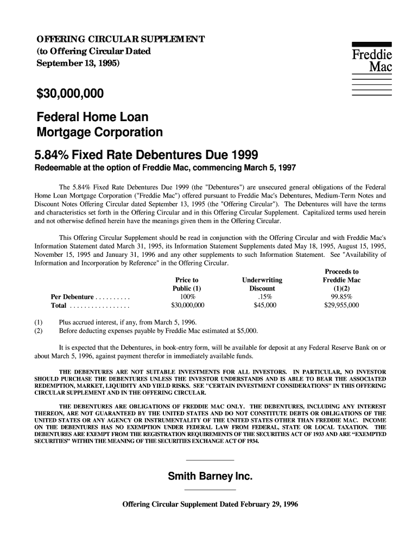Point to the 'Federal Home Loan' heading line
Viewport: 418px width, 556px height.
92,117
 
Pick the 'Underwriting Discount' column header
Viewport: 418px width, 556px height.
262,284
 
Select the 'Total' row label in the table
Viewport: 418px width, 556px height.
59,306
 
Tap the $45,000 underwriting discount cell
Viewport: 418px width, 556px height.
265,306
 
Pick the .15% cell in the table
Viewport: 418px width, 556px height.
265,297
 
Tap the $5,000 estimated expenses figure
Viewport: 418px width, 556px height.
247,330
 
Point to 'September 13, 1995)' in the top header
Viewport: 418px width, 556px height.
79,64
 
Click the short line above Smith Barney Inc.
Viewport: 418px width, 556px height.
209,461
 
